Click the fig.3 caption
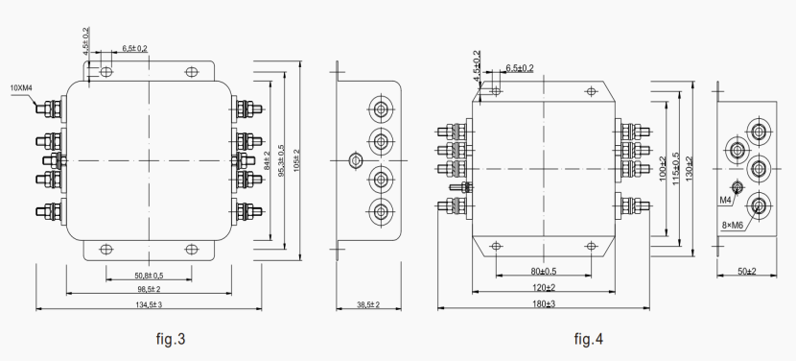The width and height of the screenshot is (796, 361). [x=170, y=339]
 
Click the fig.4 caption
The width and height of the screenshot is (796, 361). [x=589, y=339]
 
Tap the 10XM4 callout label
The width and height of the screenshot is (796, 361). [x=22, y=87]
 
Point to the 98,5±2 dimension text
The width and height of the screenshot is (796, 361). [x=147, y=289]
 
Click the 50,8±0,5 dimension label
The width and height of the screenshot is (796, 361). [x=147, y=276]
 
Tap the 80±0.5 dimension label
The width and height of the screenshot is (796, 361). [x=543, y=270]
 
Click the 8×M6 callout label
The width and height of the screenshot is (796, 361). [x=736, y=224]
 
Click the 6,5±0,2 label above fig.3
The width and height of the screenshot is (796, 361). [x=135, y=47]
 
